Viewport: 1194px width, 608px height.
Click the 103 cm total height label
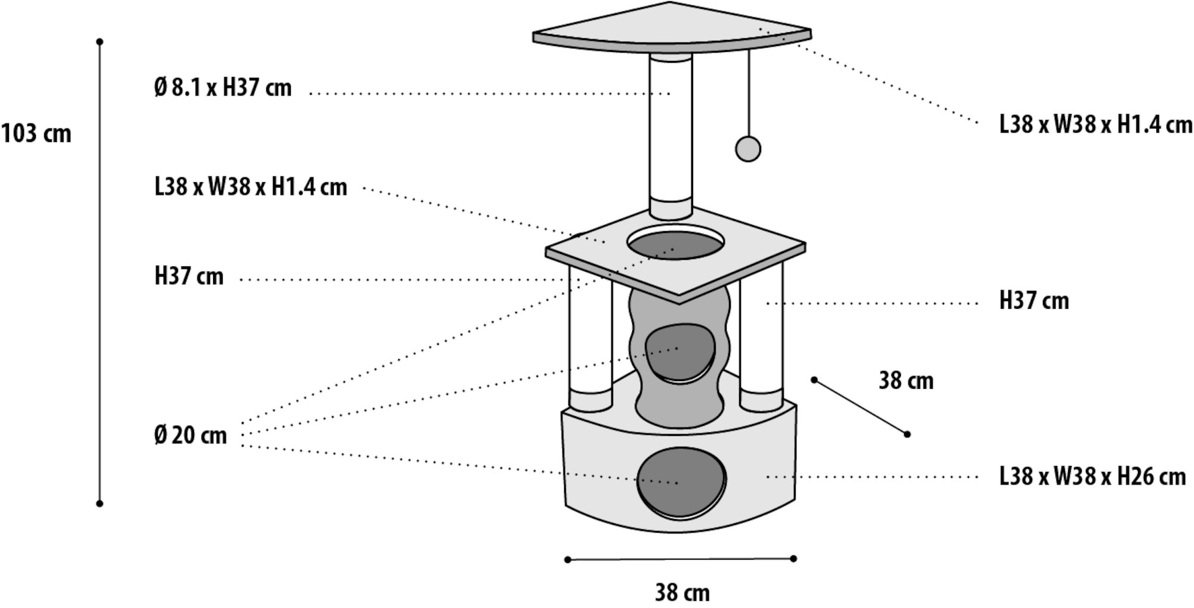point(36,134)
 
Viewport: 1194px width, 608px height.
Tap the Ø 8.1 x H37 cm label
point(223,88)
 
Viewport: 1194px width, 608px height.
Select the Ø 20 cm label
point(190,435)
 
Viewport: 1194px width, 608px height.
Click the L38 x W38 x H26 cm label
point(1093,477)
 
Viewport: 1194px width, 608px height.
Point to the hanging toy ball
point(748,149)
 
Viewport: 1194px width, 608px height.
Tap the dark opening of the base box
point(681,481)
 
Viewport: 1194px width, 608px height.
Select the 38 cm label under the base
point(682,593)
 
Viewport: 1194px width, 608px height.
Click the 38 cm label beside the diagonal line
point(906,381)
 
